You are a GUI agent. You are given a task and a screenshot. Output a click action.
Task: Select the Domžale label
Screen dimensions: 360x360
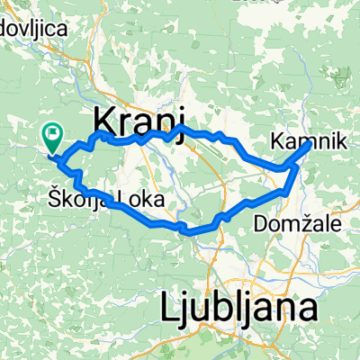coord(292,221)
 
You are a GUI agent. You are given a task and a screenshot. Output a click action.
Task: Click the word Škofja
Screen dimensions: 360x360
coord(79,197)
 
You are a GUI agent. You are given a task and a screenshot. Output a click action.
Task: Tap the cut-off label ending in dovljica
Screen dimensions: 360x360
coord(35,29)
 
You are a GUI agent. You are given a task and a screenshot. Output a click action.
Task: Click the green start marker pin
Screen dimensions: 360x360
coord(51,138)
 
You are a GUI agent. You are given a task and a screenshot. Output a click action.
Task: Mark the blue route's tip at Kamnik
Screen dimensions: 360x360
coord(310,142)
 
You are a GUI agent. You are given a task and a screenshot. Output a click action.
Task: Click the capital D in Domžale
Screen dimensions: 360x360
coord(262,221)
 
